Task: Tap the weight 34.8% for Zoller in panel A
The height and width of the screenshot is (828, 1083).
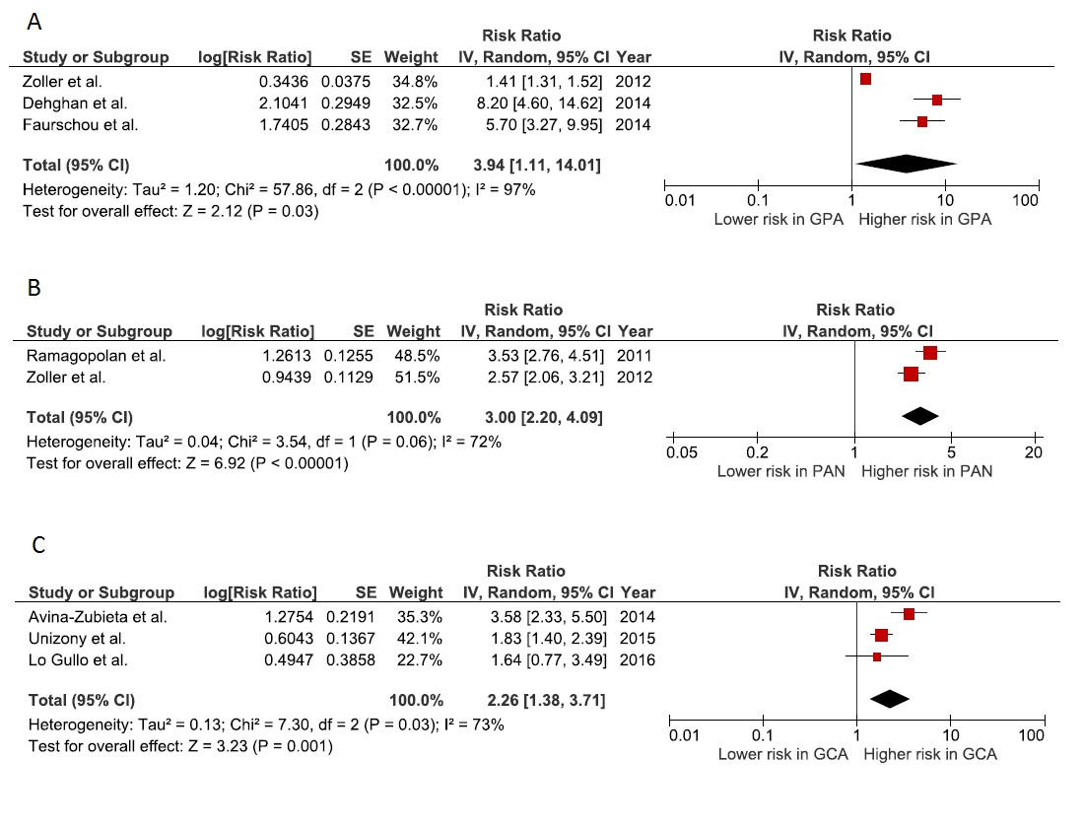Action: click(x=410, y=81)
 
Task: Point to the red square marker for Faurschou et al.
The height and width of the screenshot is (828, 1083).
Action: click(x=922, y=121)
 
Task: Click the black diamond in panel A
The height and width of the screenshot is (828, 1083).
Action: click(x=905, y=164)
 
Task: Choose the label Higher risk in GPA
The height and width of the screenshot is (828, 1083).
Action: click(x=924, y=219)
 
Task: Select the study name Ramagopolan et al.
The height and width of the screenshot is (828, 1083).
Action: click(x=82, y=355)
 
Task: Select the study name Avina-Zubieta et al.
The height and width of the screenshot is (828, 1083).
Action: click(x=98, y=616)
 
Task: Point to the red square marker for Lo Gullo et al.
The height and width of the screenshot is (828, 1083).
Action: click(x=877, y=656)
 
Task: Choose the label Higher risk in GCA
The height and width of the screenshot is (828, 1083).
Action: click(x=929, y=754)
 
